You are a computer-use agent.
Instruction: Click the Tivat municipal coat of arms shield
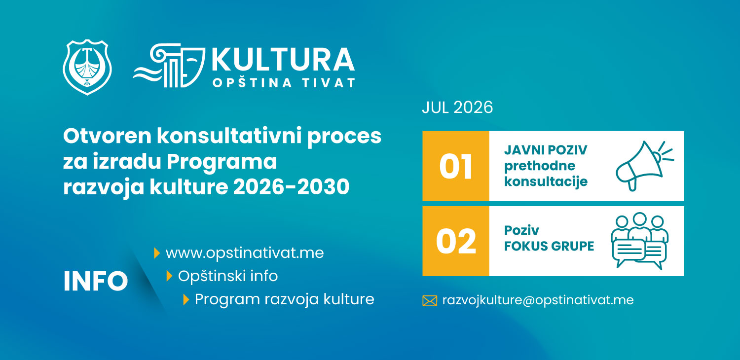tap(87, 67)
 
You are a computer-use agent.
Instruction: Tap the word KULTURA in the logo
tap(283, 60)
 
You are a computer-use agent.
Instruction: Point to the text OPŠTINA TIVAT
tap(284, 82)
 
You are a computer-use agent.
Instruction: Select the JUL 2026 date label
tap(457, 108)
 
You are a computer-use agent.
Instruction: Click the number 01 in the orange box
tap(455, 167)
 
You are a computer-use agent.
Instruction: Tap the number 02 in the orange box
tap(456, 242)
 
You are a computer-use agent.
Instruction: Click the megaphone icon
tap(644, 166)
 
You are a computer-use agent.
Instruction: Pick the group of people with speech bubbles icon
tap(639, 241)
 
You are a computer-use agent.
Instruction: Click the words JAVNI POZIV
tap(546, 150)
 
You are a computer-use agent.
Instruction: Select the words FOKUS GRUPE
tap(549, 246)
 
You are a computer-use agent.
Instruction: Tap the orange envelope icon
tap(430, 300)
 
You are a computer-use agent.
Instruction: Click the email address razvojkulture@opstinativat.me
tap(538, 300)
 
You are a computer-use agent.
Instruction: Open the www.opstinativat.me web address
tap(245, 253)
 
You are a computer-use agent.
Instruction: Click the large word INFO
tap(96, 281)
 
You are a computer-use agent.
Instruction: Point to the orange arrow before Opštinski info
tap(169, 276)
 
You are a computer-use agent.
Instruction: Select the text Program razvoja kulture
tap(285, 299)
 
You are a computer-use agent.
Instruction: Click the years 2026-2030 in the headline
tap(291, 187)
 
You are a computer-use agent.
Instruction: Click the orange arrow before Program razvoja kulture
tap(186, 299)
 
